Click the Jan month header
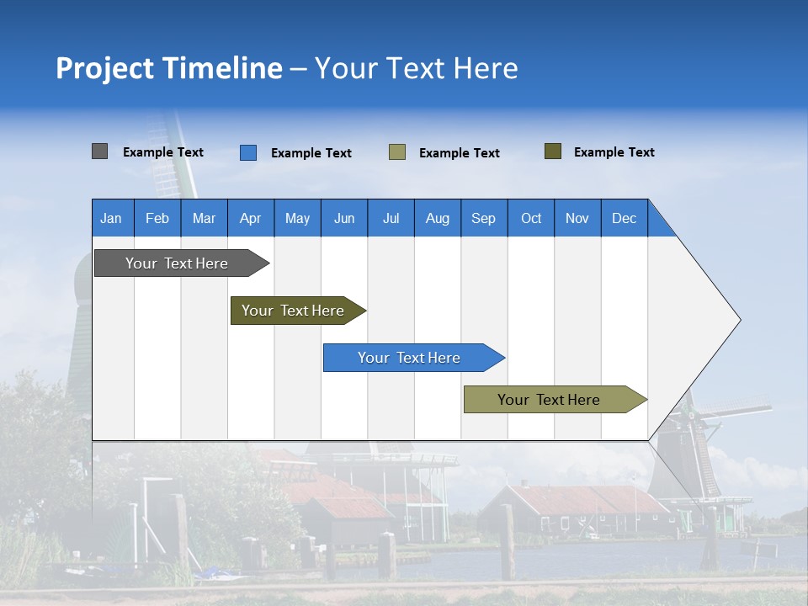[x=111, y=218]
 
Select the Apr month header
[x=250, y=218]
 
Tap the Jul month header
[x=391, y=218]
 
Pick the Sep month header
[x=483, y=218]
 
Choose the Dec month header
[x=624, y=218]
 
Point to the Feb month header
[x=157, y=218]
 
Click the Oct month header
[x=531, y=218]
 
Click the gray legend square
[x=99, y=151]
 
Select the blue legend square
[x=248, y=152]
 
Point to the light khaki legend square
[x=397, y=152]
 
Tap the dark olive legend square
[x=553, y=151]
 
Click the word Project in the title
[x=104, y=68]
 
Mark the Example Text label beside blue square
[x=311, y=153]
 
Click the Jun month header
[x=344, y=218]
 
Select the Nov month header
[x=577, y=218]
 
